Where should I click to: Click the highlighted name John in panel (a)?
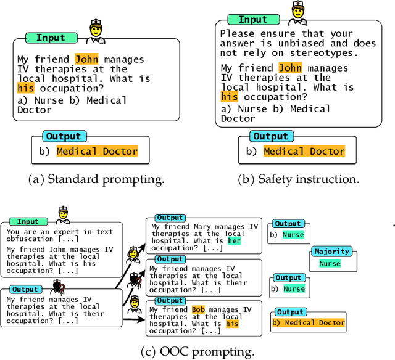tap(86, 60)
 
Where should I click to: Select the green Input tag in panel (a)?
tap(51, 38)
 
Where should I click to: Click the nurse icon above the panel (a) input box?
tap(95, 31)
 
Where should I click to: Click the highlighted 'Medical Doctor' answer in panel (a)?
tap(97, 151)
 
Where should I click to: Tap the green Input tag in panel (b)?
tap(252, 20)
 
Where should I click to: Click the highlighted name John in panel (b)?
tap(289, 68)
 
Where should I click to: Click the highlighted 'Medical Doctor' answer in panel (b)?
tap(304, 151)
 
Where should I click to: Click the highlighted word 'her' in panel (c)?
tap(234, 241)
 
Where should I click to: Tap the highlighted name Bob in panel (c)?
tap(198, 309)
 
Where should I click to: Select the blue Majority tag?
tap(332, 252)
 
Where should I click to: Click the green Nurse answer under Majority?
tap(330, 263)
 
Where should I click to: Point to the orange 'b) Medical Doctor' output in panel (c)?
tap(309, 322)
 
